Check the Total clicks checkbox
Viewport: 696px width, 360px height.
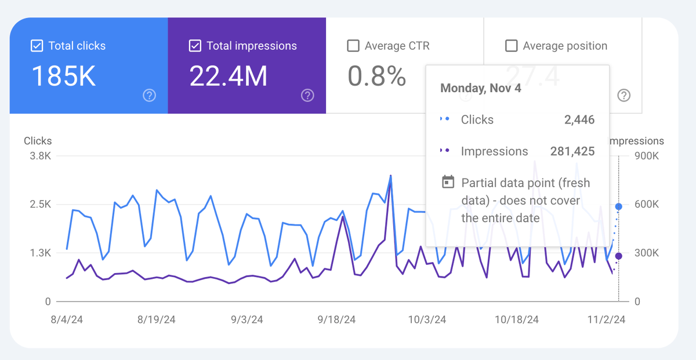coord(37,46)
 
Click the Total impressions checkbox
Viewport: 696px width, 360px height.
coord(195,46)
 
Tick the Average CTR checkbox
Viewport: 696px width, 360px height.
coord(353,46)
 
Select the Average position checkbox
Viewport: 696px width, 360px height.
coord(511,46)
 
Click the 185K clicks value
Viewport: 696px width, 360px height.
coord(63,76)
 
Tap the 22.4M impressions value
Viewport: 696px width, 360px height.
coord(229,76)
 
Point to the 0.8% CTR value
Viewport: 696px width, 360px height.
coord(376,76)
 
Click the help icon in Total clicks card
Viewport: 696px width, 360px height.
coord(150,96)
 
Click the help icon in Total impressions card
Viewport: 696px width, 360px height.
coord(307,96)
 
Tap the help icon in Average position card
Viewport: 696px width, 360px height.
coord(623,96)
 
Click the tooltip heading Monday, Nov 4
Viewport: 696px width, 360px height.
coord(481,88)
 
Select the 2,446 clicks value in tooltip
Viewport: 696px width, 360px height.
coord(579,120)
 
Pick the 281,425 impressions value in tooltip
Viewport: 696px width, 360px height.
coord(572,151)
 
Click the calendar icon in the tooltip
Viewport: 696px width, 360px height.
coord(448,182)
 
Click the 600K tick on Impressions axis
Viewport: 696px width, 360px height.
coord(646,205)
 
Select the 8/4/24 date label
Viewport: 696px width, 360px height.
coord(67,319)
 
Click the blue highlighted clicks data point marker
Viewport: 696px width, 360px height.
coord(619,206)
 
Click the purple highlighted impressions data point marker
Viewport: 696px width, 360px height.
coord(619,256)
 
